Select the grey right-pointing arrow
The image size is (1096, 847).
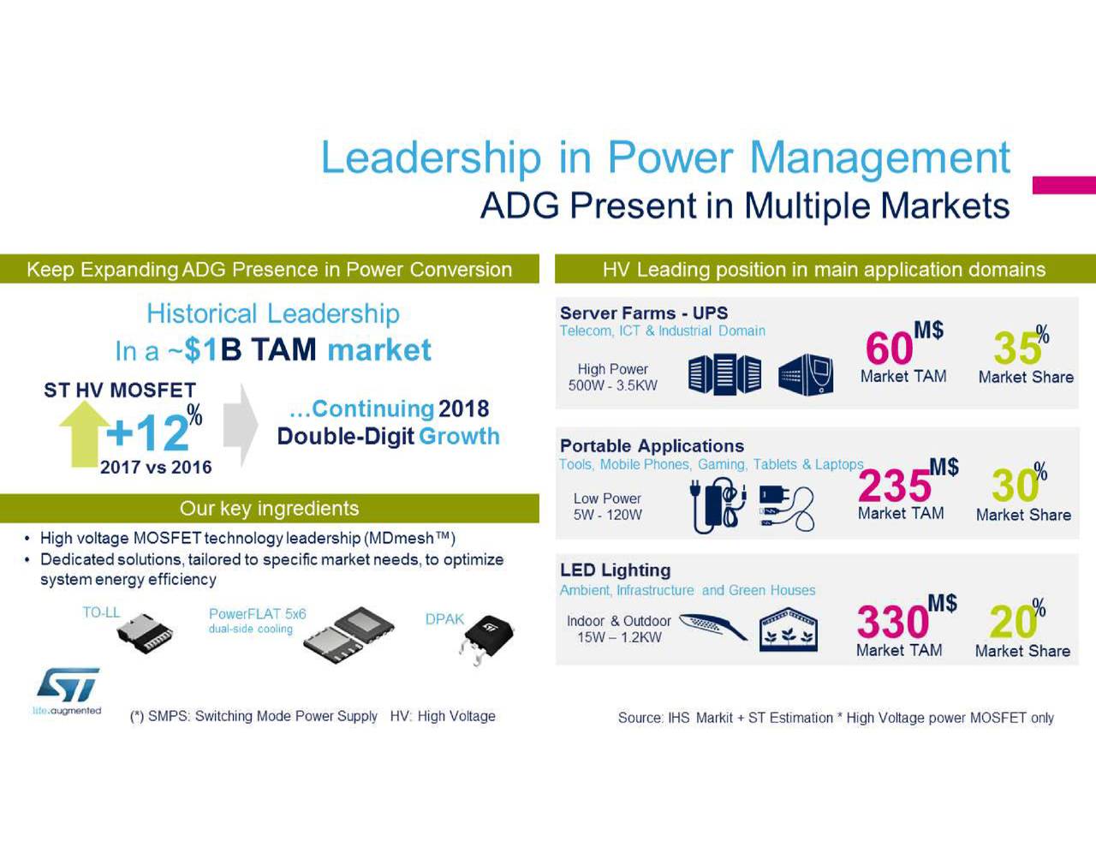(241, 425)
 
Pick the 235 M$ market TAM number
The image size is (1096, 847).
(895, 486)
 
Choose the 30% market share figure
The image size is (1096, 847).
(1016, 486)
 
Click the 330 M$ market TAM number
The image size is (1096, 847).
(893, 622)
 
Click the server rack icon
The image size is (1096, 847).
(724, 375)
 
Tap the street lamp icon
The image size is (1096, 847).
(712, 627)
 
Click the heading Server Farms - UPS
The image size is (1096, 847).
(643, 313)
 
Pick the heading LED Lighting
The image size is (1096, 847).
(615, 570)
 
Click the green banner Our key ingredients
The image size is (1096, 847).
(269, 509)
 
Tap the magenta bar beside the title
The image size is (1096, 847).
(1063, 185)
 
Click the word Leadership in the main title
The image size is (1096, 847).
(431, 158)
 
